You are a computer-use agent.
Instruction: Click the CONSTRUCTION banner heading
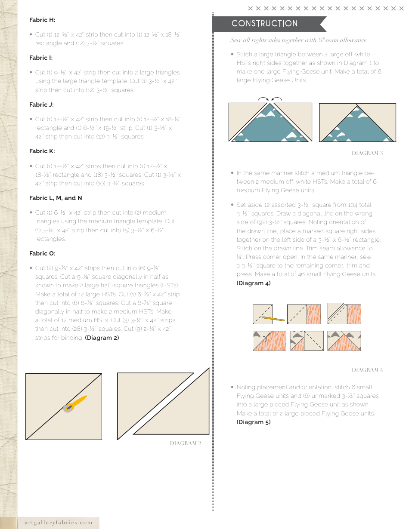tap(264, 24)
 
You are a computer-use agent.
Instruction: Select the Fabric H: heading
tap(42, 20)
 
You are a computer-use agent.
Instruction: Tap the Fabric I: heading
tap(41, 58)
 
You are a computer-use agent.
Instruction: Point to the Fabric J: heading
tap(41, 105)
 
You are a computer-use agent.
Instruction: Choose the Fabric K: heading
tap(42, 151)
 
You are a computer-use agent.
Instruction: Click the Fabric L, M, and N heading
tap(56, 198)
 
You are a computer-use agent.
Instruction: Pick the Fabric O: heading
tap(42, 253)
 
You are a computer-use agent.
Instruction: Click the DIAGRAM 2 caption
tap(185, 443)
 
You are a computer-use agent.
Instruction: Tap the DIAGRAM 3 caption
tap(367, 153)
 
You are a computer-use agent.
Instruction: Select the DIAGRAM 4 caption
tap(367, 370)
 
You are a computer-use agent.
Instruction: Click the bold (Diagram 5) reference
tap(254, 422)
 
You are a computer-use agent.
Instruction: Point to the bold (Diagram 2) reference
tap(102, 338)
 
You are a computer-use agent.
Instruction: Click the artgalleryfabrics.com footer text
tap(56, 523)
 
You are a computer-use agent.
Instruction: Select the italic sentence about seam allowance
tap(299, 40)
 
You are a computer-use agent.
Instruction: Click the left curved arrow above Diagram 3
tap(262, 99)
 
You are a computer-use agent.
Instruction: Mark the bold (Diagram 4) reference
tap(254, 283)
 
